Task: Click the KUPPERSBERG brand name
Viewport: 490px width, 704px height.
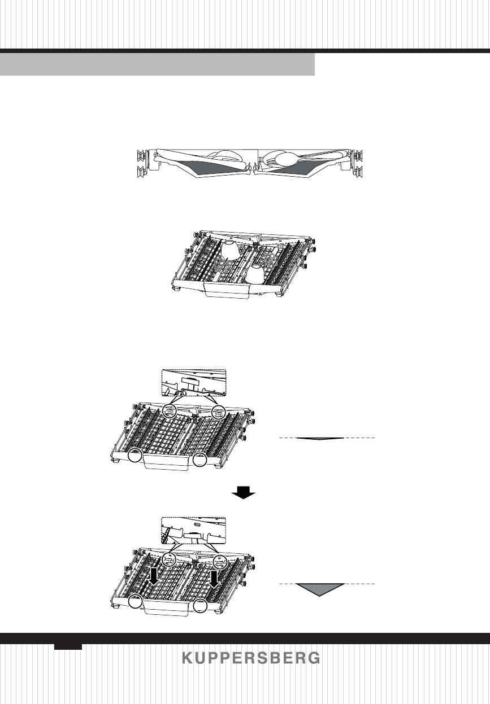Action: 251,658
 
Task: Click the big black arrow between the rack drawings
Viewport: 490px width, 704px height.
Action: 244,493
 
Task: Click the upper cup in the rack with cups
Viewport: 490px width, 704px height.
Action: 231,249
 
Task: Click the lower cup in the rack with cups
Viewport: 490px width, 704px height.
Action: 258,273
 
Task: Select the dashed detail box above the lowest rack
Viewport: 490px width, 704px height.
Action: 193,530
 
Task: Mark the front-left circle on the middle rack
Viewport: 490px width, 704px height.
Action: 135,456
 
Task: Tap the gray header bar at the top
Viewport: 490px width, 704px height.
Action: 157,64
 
